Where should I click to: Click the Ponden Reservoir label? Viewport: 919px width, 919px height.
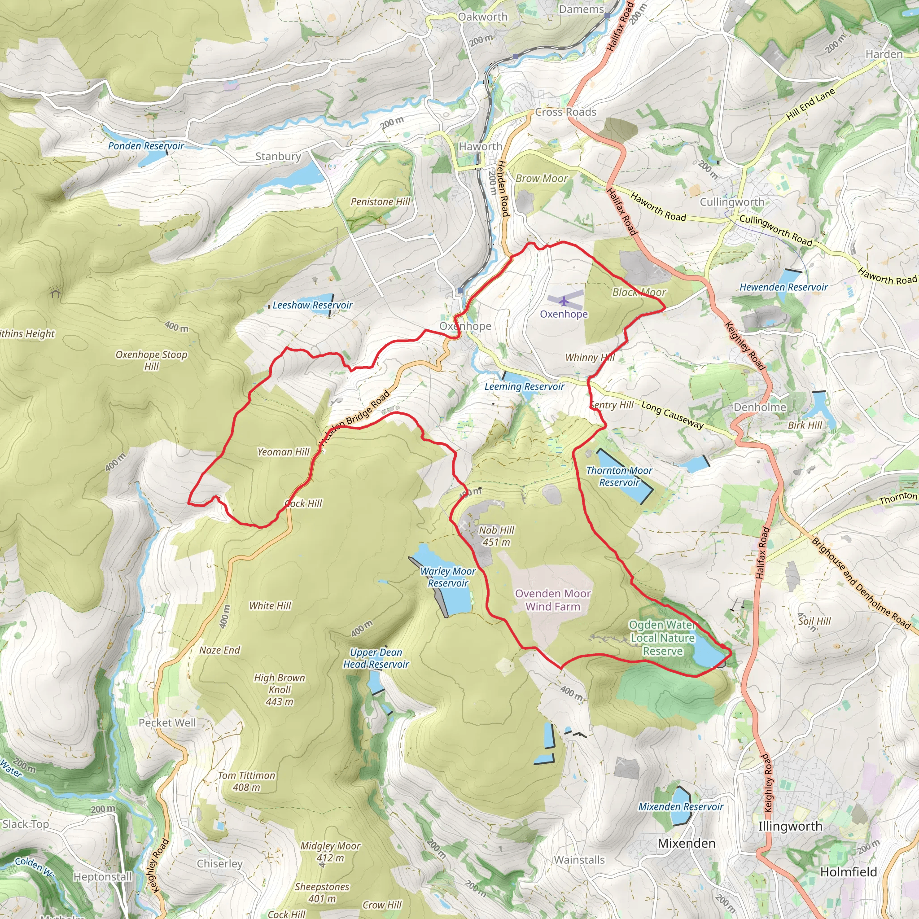coord(145,146)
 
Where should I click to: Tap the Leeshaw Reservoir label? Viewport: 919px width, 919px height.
coord(312,306)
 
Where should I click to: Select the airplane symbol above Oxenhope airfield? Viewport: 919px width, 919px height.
coord(564,301)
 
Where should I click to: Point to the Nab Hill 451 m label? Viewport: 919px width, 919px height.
coord(496,536)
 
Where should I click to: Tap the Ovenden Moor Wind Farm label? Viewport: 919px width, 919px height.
coord(553,600)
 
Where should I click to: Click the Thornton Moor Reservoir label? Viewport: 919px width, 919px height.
coord(619,476)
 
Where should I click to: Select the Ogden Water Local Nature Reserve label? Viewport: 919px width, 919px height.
coord(663,638)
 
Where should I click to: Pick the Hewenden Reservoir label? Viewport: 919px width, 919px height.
coord(783,287)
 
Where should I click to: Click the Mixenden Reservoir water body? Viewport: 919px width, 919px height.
coord(681,804)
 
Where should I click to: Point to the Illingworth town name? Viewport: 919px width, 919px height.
coord(790,826)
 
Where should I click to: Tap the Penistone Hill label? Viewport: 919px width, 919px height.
coord(380,201)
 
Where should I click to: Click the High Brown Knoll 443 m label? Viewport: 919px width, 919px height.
coord(279,690)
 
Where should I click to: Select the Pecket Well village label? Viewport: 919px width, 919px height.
coord(167,722)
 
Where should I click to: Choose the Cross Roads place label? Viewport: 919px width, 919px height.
coord(565,112)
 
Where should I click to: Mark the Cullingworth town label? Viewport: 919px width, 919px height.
coord(731,202)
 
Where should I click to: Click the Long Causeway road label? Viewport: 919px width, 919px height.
coord(672,415)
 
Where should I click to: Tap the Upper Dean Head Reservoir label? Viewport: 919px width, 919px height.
coord(376,658)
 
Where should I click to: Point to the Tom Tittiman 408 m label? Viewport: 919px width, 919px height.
coord(246,781)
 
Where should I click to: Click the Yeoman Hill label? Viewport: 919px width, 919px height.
coord(284,452)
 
